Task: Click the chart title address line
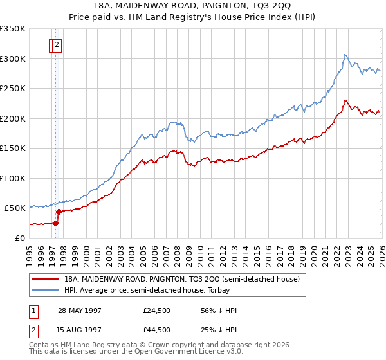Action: pos(193,6)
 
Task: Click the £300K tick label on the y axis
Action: pos(13,59)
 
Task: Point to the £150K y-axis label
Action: pos(13,148)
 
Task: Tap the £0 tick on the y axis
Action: pos(21,238)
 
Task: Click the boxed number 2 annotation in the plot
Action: pos(57,45)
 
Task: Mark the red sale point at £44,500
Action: pos(59,212)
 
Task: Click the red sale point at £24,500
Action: pos(56,223)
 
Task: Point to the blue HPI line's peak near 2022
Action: pos(345,55)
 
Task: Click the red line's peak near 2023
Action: pos(345,100)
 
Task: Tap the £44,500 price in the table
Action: pos(157,330)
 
